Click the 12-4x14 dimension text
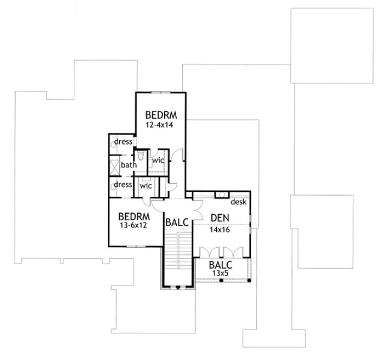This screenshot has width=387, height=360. coord(160,124)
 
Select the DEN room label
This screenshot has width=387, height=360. coord(220,218)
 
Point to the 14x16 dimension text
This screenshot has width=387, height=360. coord(220,229)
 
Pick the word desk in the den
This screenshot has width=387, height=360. coord(239,202)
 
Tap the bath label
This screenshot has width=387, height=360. coord(128,165)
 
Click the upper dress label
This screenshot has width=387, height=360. coord(124,142)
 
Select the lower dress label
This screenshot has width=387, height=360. coord(124,184)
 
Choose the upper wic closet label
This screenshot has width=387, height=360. coord(158,160)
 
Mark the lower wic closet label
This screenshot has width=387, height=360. coord(146,185)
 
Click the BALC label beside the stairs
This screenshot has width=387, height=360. coord(177,222)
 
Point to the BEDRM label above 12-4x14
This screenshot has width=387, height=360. coord(160,114)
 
